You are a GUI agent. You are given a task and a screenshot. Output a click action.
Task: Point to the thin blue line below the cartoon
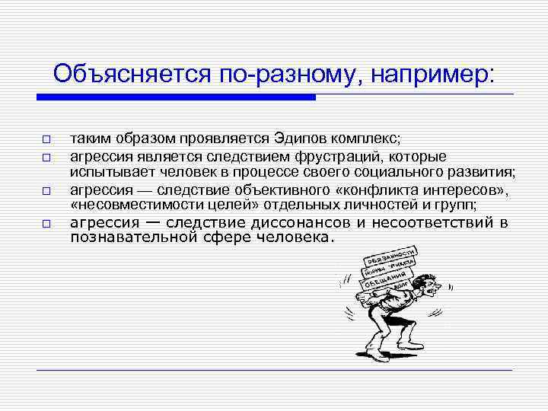pyautogui.click(x=274, y=370)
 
